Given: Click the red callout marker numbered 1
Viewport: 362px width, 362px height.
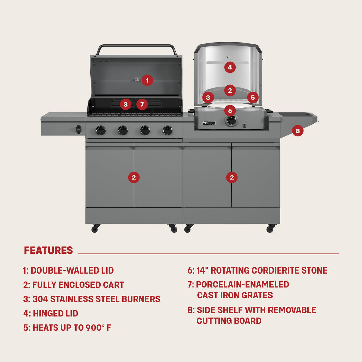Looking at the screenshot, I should tap(147, 80).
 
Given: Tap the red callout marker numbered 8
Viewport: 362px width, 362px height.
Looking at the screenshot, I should tap(298, 130).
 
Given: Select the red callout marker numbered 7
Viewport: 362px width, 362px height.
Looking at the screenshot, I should tap(142, 104).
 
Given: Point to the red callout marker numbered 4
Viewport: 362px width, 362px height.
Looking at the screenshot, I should tap(230, 67).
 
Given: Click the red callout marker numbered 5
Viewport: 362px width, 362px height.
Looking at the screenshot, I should tap(253, 98).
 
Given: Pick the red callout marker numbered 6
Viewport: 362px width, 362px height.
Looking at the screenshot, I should tap(230, 110).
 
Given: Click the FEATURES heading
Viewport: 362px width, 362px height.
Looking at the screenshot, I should tap(49, 250).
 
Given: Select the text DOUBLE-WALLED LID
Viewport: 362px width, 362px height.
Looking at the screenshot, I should tap(72, 270).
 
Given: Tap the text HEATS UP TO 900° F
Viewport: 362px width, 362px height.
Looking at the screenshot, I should tap(72, 328).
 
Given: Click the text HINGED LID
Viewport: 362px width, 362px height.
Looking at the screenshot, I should tap(55, 314).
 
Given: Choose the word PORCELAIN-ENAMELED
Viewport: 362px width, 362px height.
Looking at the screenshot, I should tap(242, 285).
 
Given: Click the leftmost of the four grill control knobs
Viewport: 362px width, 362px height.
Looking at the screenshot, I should tap(101, 130).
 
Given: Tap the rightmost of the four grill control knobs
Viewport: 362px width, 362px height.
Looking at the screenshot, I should tap(168, 130).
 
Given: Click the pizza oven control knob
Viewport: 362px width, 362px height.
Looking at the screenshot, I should tap(231, 120).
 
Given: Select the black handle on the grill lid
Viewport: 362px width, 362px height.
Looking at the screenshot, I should tap(136, 46).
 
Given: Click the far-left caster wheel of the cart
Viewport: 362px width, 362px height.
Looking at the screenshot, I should tap(95, 229).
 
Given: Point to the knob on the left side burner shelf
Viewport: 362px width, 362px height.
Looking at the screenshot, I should tap(79, 129).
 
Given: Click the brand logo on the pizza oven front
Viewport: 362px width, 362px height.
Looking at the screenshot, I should tap(209, 123).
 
